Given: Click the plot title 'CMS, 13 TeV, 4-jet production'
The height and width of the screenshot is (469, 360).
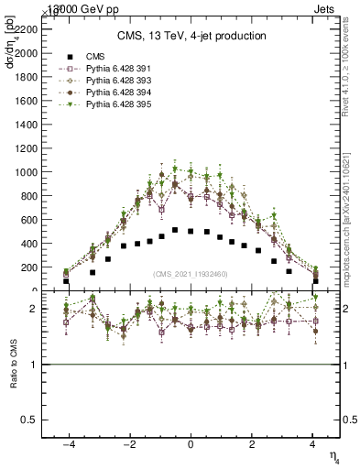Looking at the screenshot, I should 191,36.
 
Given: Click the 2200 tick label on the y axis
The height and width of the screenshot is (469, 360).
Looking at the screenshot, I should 27,29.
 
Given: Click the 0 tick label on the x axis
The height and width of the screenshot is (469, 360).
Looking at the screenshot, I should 191,443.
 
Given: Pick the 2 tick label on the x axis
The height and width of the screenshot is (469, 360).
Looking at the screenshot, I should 252,443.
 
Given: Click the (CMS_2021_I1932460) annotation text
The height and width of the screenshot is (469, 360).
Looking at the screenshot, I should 191,274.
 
